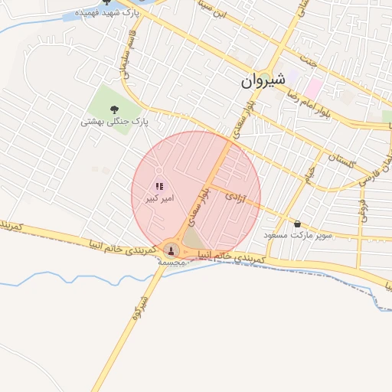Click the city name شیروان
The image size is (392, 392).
[x=263, y=80]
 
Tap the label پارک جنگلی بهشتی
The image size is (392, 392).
[x=115, y=121]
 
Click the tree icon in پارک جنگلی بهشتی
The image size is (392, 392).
[x=115, y=108]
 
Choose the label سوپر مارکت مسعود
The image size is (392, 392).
[x=298, y=235]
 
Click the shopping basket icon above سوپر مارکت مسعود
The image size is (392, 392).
[x=297, y=224]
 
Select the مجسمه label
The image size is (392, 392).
[x=171, y=261]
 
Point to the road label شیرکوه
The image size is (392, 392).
[x=139, y=305]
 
